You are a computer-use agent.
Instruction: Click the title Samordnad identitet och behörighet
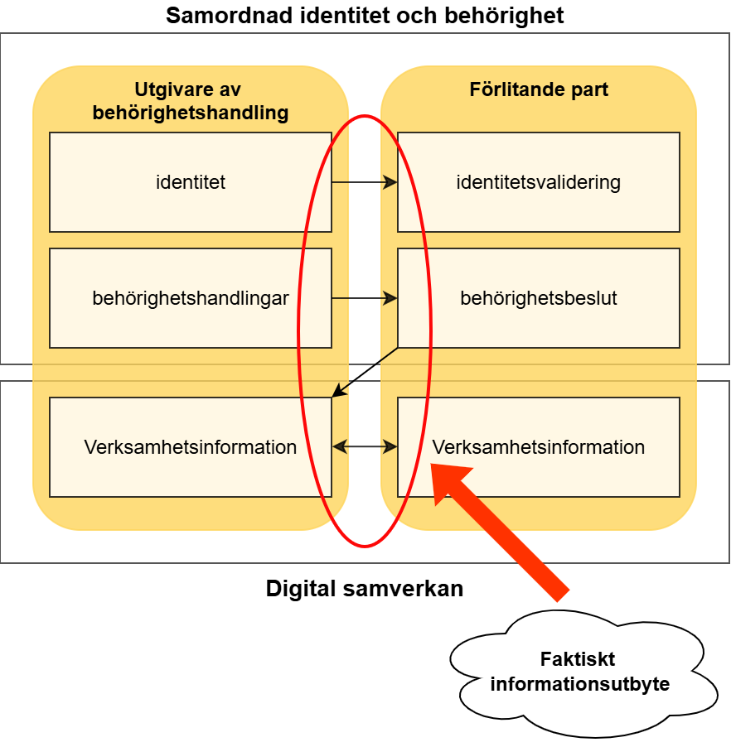click(365, 15)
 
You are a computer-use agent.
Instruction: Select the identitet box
click(191, 182)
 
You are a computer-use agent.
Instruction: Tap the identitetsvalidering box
click(539, 182)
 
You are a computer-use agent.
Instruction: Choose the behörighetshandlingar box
click(191, 298)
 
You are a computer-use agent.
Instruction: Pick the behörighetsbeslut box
click(539, 298)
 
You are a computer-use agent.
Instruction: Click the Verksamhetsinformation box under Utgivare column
click(191, 447)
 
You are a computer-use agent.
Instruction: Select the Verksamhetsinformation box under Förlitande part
click(539, 447)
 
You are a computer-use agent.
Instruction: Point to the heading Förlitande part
click(539, 89)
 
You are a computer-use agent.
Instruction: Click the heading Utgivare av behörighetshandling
click(191, 101)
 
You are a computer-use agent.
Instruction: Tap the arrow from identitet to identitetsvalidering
click(365, 182)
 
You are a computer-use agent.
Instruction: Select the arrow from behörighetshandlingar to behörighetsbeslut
click(365, 298)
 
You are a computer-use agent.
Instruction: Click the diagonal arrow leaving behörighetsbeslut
click(365, 373)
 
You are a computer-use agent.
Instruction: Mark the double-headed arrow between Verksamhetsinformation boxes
click(365, 447)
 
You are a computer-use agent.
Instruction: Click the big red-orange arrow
click(506, 534)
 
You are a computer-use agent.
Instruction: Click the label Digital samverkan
click(365, 589)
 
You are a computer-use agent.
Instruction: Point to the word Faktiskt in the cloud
click(578, 660)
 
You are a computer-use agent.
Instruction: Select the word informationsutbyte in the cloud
click(580, 684)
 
